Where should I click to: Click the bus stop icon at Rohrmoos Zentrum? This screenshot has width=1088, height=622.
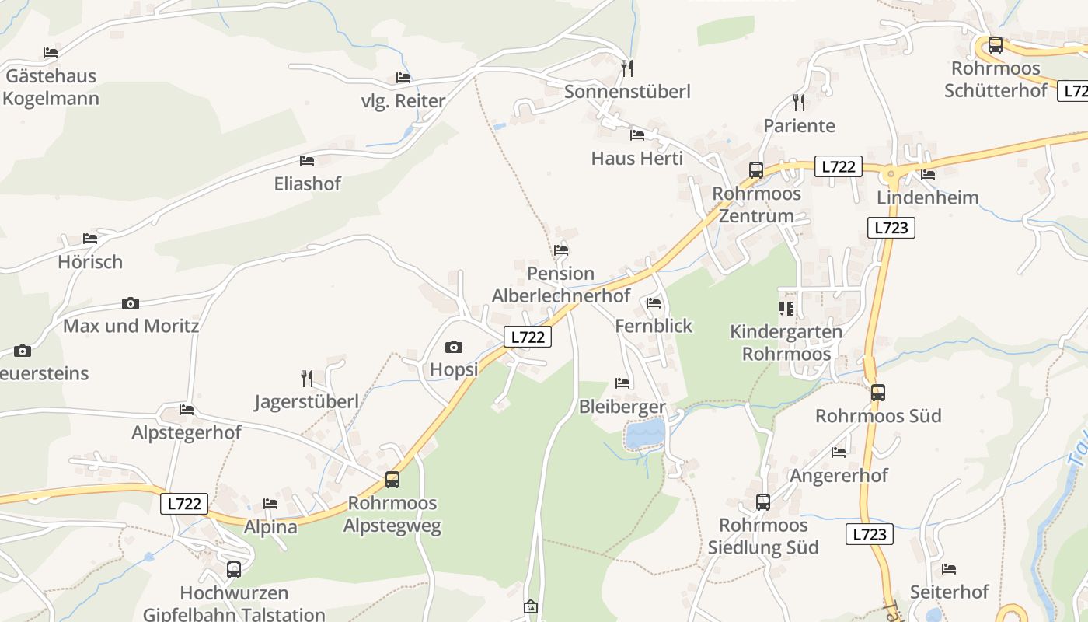pos(755,170)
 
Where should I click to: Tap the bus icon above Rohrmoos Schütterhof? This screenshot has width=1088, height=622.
pos(996,45)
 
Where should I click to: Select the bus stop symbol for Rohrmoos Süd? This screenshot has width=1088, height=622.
pos(877,393)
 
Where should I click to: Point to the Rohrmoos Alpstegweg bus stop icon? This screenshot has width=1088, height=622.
pos(392,480)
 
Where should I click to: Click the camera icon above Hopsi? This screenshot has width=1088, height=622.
pos(453,347)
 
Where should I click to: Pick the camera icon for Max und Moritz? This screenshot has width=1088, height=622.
pos(131,303)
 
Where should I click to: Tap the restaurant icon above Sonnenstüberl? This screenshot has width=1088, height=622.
pos(627,68)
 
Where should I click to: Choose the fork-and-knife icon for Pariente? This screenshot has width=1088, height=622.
pos(799,102)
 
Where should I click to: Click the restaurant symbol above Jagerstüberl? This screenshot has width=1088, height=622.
pos(307,379)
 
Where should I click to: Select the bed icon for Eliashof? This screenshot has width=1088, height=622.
pos(307,161)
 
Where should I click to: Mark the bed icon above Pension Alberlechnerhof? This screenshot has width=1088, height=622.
pos(560,250)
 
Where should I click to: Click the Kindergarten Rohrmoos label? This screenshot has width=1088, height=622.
pos(786,343)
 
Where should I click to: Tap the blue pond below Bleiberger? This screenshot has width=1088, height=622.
pos(646,434)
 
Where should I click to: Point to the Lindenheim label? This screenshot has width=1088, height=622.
pos(927,197)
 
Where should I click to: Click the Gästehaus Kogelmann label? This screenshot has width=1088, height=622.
pos(51,87)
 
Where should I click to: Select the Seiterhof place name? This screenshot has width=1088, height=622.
pos(949,592)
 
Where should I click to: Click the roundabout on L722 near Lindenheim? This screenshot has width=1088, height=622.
pos(891,173)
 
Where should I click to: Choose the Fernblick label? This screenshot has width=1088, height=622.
pos(654,326)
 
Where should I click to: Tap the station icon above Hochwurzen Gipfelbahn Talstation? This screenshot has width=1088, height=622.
pos(234,570)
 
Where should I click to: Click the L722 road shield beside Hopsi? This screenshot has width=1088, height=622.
pos(528,337)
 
